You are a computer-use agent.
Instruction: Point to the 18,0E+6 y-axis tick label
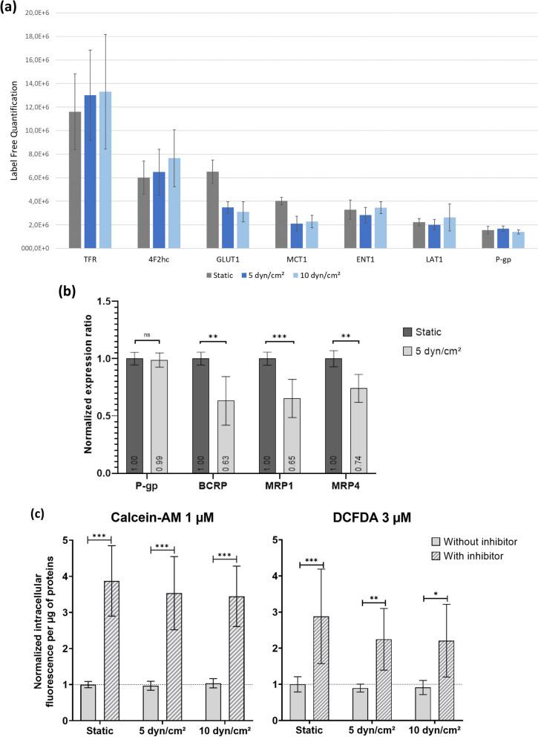click(x=29, y=36)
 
